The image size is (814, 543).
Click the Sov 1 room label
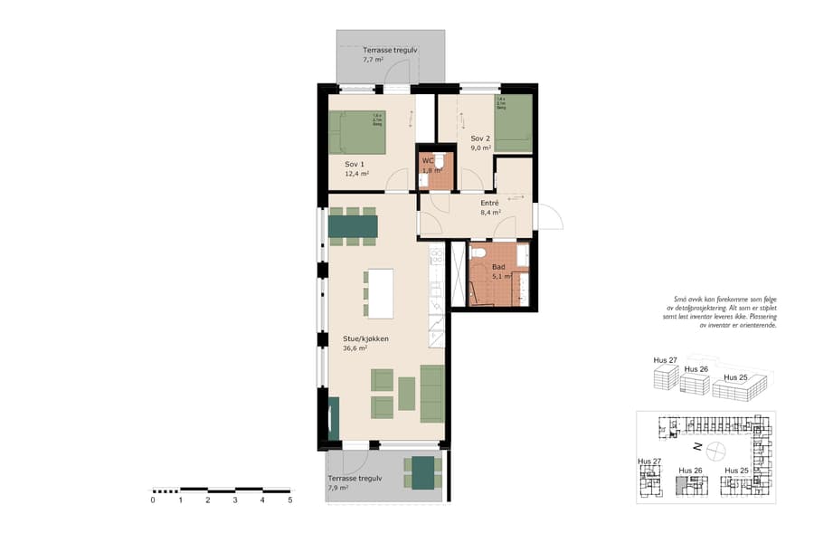pos(354,164)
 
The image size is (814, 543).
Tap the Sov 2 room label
pos(479,138)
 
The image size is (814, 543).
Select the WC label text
pos(428,160)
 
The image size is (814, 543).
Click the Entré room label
pos(489,204)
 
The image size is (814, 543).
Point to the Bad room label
pos(498,268)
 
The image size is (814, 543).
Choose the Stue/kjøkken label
pos(365,338)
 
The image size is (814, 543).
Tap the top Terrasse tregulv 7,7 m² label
pos(390,50)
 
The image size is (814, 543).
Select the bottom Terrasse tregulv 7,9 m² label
pos(355,479)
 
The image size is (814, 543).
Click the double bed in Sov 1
pos(356,132)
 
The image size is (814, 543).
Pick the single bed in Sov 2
pos(513,123)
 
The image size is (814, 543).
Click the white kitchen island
pos(380,293)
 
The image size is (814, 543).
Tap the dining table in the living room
pos(353,226)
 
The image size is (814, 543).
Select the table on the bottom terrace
pos(423,472)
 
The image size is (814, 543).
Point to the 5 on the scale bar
pos(290,500)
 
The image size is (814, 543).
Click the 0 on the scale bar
pos(153,500)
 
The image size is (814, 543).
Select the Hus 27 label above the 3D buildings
pos(665,360)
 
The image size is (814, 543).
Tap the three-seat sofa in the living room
pos(432,394)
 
